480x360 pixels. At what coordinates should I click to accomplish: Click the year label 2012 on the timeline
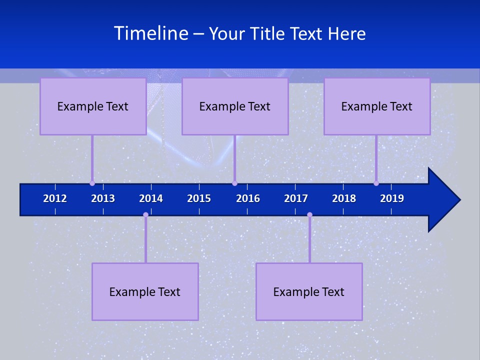point(55,198)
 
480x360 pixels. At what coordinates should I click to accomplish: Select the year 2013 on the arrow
point(103,198)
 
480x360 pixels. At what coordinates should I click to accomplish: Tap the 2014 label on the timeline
point(151,198)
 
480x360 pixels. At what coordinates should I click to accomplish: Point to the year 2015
point(199,198)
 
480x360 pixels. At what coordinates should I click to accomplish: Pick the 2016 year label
point(248,198)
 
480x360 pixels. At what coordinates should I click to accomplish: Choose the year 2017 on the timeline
point(296,198)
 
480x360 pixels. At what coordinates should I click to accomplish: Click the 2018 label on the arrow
point(344,198)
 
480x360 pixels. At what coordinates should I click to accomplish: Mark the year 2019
point(392,198)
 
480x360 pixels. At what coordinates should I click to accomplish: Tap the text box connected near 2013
point(93,106)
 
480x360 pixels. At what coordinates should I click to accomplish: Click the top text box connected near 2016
point(235,106)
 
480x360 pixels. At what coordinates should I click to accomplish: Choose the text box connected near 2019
point(377,106)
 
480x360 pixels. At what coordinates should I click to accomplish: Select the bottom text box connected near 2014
point(145,291)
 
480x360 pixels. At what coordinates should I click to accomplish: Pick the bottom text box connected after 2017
point(309,291)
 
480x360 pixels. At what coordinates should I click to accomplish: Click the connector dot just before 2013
point(92,183)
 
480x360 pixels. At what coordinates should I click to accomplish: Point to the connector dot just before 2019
point(376,183)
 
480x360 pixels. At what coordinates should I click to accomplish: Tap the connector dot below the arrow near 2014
point(145,214)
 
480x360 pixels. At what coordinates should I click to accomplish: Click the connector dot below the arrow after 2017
point(309,214)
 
